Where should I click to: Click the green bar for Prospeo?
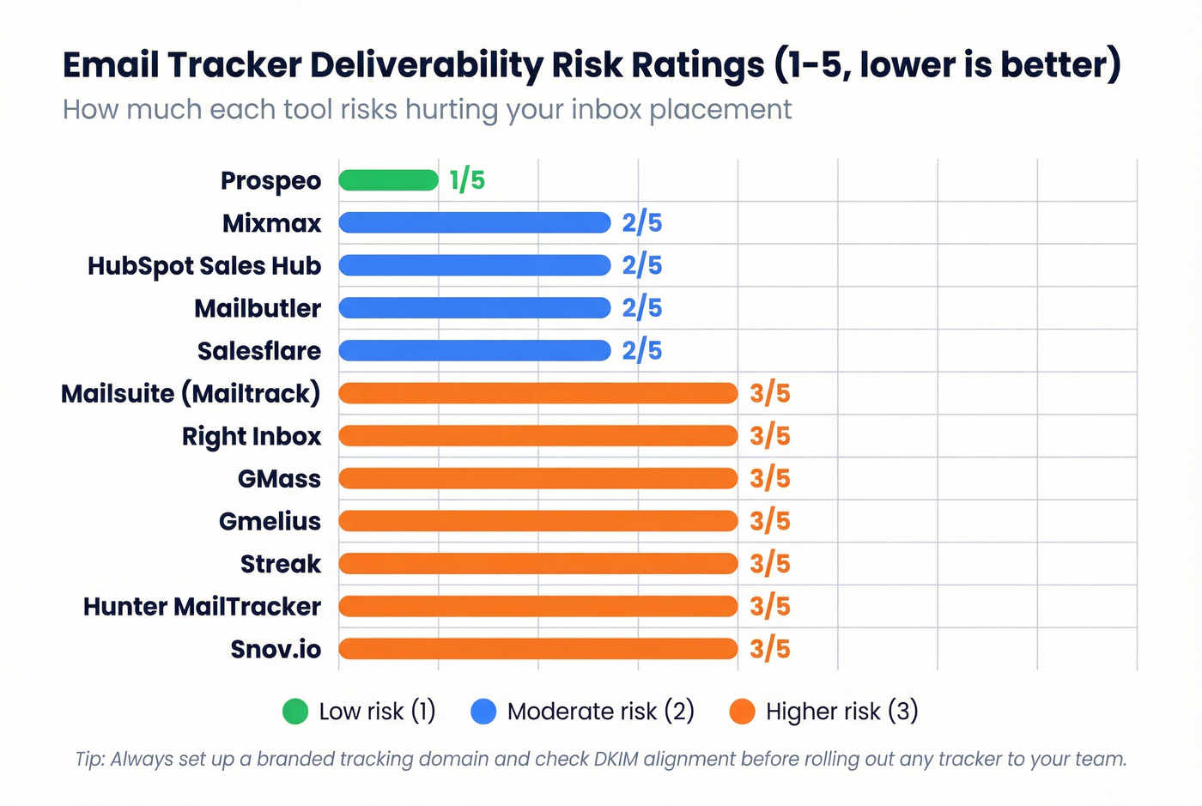pos(388,180)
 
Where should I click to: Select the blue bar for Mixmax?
pos(474,223)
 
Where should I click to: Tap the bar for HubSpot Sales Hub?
pos(474,265)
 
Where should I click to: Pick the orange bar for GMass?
pos(537,478)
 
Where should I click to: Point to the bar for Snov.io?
pos(537,649)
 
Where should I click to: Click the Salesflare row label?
pos(258,351)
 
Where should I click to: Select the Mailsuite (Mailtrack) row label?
pos(191,394)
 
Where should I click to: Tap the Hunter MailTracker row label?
pos(202,607)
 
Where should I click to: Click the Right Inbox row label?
pos(251,436)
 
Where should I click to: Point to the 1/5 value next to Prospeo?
pos(467,180)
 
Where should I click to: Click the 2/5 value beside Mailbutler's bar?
pos(642,308)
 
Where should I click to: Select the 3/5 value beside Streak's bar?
pos(769,564)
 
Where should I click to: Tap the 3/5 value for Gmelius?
pos(769,521)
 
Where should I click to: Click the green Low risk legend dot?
pos(295,712)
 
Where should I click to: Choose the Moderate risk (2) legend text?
pos(600,712)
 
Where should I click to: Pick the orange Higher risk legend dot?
pos(742,712)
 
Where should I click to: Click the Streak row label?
pos(280,564)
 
